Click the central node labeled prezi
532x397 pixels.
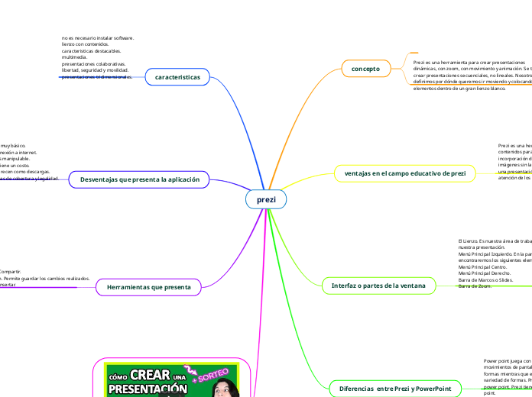266,199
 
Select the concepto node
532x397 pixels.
365,69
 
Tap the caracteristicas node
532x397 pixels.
177,78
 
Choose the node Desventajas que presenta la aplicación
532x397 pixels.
140,180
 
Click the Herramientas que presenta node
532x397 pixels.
148,286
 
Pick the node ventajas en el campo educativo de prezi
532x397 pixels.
405,173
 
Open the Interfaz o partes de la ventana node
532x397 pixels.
378,286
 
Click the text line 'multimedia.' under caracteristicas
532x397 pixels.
74,57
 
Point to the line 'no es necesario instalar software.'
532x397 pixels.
98,37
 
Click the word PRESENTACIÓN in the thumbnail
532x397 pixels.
148,389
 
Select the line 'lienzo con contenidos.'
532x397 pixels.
85,44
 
